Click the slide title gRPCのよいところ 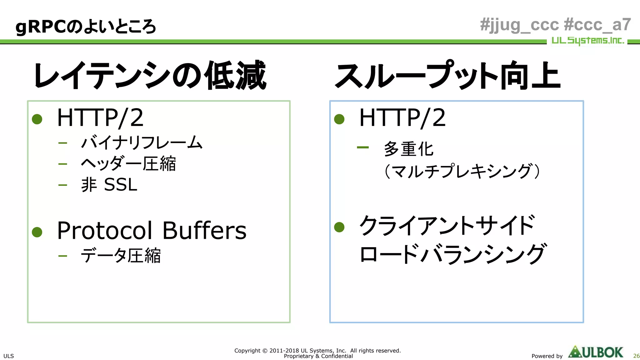tap(85, 27)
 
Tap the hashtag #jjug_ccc tap(519, 25)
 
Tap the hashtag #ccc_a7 tap(597, 25)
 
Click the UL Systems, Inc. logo tap(587, 41)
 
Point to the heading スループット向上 tap(447, 75)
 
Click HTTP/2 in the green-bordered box tap(100, 118)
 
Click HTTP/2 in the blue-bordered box tap(402, 118)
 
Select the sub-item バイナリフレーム tap(142, 142)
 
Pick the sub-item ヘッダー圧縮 tap(128, 163)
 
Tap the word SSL tap(121, 185)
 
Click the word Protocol tap(105, 231)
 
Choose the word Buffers tap(204, 231)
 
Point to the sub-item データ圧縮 tap(121, 256)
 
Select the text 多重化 tap(408, 149)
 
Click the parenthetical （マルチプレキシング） tap(462, 171)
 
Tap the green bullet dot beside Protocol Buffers tap(37, 232)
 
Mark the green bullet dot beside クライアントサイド tap(339, 227)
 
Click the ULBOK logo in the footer tap(596, 352)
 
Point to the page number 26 tap(636, 356)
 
